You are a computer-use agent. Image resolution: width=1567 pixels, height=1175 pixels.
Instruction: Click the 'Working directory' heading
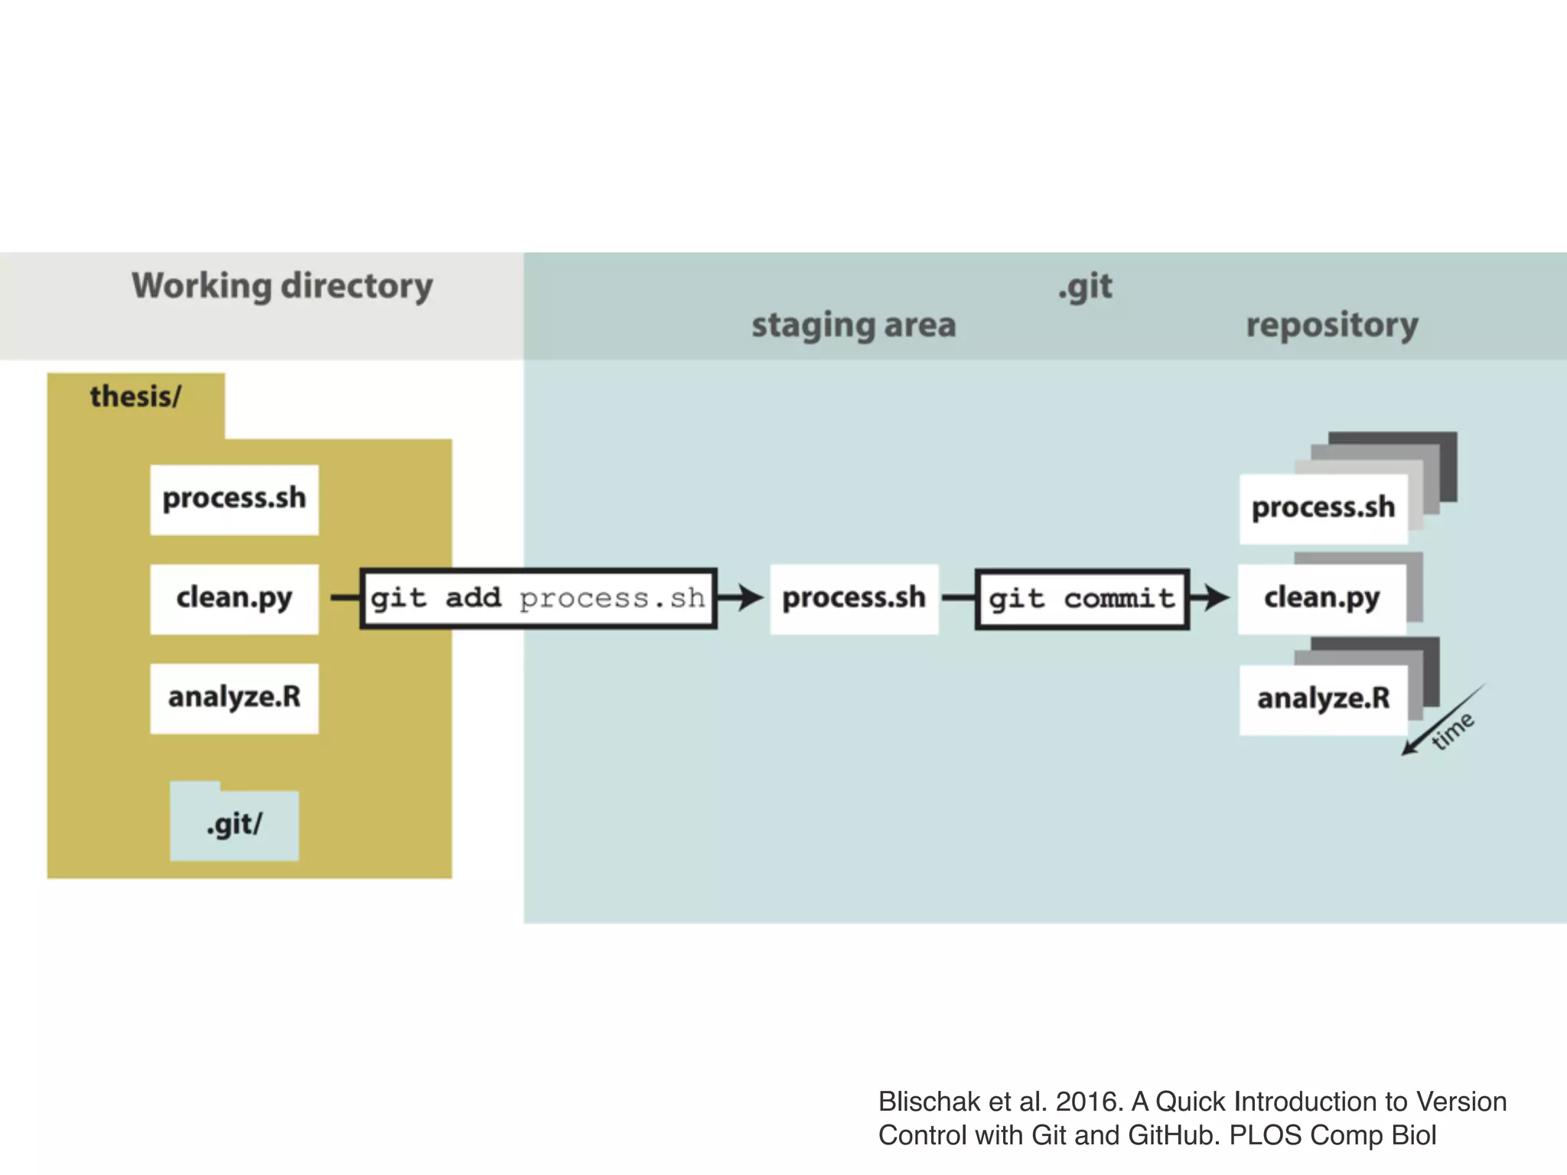(282, 286)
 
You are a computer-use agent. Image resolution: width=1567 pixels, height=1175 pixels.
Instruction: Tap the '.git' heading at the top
(1085, 286)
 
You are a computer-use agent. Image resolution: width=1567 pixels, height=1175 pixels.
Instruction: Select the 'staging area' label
(853, 325)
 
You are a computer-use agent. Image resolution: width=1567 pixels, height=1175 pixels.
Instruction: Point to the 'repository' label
(1331, 325)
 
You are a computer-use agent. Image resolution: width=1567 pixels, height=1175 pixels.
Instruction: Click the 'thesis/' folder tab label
(135, 396)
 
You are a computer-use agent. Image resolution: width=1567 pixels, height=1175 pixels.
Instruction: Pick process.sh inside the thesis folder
(234, 499)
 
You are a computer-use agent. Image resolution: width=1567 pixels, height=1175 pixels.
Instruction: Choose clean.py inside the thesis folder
(234, 598)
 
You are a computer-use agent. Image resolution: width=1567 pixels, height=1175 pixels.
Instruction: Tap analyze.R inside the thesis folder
(234, 698)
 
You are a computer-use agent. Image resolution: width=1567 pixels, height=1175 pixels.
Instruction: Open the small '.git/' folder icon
(234, 825)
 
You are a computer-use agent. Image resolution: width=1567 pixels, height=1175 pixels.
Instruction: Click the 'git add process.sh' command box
(538, 598)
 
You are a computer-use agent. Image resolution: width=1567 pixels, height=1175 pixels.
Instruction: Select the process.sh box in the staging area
(854, 598)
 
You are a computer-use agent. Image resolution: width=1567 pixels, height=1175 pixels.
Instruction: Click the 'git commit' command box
(1081, 598)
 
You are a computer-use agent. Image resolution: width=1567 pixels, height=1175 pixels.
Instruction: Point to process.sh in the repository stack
(1323, 508)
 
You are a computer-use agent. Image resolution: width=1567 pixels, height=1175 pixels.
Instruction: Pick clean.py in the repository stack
(1321, 598)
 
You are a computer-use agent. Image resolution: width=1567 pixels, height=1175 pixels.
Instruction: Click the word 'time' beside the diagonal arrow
(1453, 731)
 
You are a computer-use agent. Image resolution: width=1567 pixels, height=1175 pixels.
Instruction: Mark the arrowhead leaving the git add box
(748, 597)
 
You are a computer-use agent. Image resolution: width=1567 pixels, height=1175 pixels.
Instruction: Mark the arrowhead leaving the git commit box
(1215, 597)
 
